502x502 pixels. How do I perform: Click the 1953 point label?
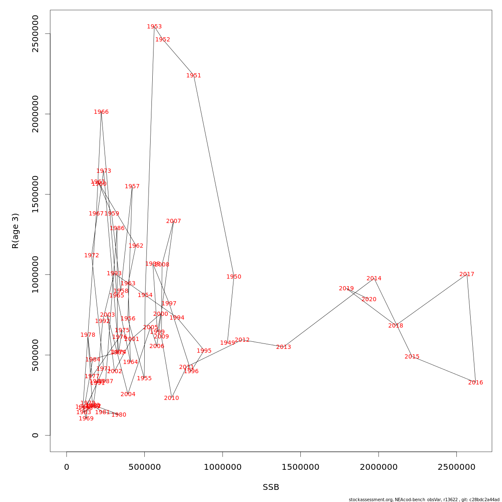pos(154,27)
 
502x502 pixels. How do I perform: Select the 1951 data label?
pos(193,76)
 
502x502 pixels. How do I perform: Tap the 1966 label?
pos(101,112)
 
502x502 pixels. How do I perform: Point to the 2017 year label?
pos(466,274)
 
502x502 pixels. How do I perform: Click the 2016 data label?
pos(475,383)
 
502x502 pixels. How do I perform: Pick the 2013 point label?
pos(283,347)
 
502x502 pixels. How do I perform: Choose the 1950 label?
pos(233,277)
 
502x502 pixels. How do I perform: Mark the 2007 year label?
pos(173,221)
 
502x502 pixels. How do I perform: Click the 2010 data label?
pos(171,398)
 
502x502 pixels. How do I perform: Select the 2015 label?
pos(412,357)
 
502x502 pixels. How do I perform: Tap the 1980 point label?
pos(118,415)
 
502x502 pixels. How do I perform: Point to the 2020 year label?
pos(369,300)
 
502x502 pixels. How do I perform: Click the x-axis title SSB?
pos(271,487)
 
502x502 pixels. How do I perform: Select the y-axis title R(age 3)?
pos(15,231)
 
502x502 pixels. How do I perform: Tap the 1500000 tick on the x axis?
pos(300,467)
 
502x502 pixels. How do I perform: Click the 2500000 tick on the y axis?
pos(35,33)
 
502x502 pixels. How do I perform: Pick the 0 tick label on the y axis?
pos(35,435)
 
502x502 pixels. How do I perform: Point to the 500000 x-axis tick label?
pos(144,467)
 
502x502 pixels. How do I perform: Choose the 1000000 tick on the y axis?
pos(35,274)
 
